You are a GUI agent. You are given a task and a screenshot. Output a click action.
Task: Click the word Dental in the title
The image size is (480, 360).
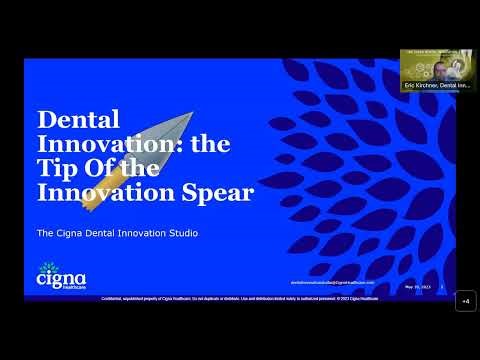click(x=72, y=119)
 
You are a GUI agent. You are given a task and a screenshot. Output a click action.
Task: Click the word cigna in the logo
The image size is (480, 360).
click(x=61, y=278)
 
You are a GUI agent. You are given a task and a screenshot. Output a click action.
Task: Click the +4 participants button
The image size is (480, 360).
click(x=465, y=301)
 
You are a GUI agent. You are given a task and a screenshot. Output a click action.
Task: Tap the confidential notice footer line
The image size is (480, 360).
click(x=239, y=297)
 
